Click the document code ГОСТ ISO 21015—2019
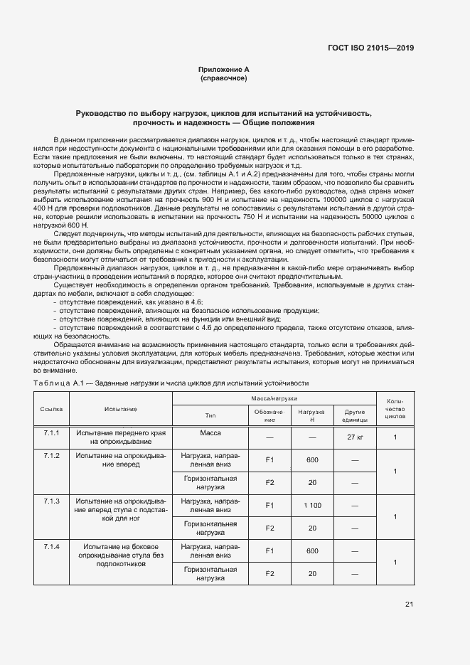coord(370,48)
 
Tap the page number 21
coord(409,605)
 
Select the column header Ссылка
coord(52,410)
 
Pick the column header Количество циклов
coord(395,410)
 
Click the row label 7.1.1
coord(52,433)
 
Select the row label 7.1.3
coord(52,501)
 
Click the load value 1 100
coord(311,506)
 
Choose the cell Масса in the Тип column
coord(210,433)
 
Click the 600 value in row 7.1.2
coord(311,460)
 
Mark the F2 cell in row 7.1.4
coord(269,574)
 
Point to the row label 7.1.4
coord(52,547)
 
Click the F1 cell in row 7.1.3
coord(269,506)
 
